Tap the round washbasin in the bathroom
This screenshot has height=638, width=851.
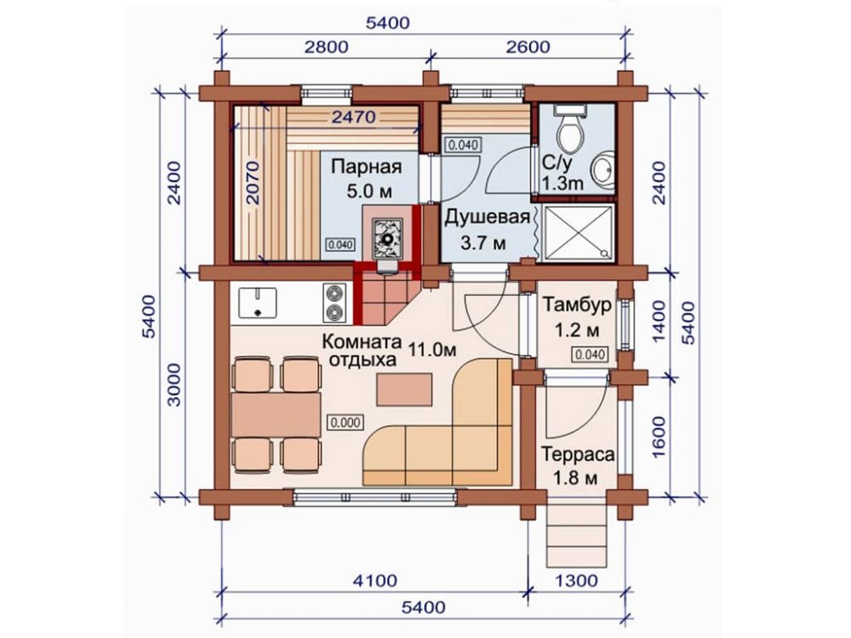click(x=603, y=169)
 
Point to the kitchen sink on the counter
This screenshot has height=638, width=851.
click(x=257, y=302)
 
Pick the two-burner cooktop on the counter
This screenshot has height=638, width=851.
click(x=334, y=303)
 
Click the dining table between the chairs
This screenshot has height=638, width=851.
click(x=277, y=414)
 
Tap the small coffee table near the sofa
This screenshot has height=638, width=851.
click(x=405, y=390)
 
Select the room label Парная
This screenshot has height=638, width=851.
click(x=366, y=167)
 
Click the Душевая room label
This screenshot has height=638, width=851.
click(x=487, y=217)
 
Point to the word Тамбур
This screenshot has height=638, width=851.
click(x=578, y=305)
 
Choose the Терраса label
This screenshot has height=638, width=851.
click(x=579, y=453)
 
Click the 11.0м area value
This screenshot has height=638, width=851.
click(x=432, y=350)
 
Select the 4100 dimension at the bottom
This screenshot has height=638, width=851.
click(x=375, y=580)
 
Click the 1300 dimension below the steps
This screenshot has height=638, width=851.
click(x=577, y=580)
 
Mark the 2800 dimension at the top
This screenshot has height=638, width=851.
click(x=326, y=47)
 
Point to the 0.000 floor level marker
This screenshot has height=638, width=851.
click(x=346, y=422)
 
